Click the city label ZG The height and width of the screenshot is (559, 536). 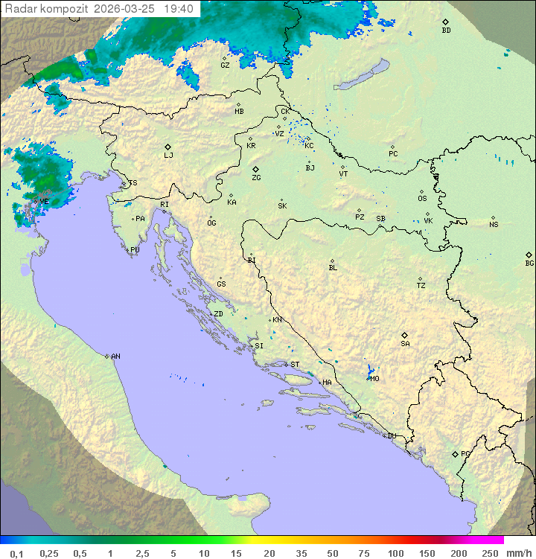tap(256, 179)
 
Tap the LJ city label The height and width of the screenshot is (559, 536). tap(168, 156)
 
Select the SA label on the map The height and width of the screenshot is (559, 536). tap(405, 344)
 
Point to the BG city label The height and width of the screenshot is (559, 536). tap(529, 263)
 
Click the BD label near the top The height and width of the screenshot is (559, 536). tap(446, 31)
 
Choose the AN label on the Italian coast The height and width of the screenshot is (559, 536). tap(115, 357)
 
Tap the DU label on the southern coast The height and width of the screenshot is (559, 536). tap(391, 436)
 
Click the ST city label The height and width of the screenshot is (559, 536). tap(295, 365)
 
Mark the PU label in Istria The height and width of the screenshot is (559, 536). tap(135, 250)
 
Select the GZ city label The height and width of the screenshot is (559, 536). tap(225, 66)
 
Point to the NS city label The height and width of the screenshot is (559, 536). tap(494, 225)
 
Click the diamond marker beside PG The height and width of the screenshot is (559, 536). tap(455, 454)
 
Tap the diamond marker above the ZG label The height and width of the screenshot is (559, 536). tap(255, 170)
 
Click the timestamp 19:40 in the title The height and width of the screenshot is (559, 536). tap(179, 9)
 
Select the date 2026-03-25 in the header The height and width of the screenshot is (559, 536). tap(126, 9)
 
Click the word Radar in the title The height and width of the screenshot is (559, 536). tap(19, 9)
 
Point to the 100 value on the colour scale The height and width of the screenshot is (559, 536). tap(395, 553)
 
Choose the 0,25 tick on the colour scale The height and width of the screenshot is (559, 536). tap(49, 553)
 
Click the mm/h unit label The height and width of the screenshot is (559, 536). tap(519, 553)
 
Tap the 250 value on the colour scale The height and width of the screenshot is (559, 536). tap(490, 553)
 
